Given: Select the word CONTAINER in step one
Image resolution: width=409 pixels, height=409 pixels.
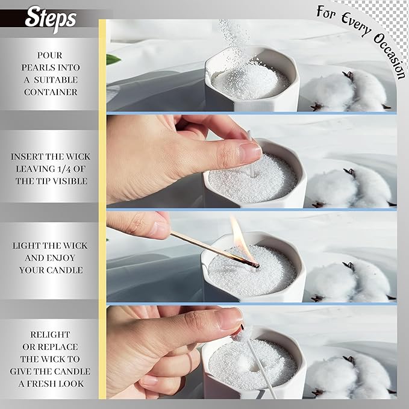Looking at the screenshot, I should (51, 92).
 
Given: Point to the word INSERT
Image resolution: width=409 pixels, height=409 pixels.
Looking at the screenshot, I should (32, 157).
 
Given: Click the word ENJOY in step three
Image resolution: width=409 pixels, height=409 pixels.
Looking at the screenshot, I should (66, 258).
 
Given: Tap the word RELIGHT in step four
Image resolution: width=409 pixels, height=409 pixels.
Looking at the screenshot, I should (50, 334).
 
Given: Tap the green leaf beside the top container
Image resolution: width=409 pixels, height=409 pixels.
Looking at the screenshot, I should (113, 59).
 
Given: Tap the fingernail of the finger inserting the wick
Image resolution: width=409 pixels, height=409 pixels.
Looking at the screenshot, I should (249, 151).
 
